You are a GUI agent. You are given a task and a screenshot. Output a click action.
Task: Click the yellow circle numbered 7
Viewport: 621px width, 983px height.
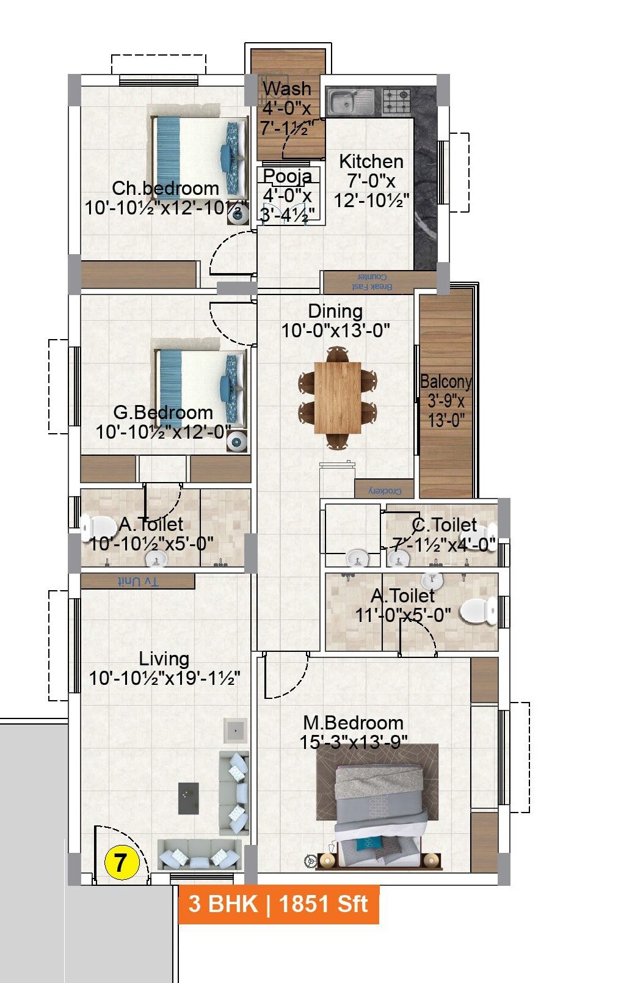(x=122, y=863)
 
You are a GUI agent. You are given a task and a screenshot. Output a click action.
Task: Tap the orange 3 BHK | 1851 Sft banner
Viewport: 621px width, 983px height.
(x=278, y=904)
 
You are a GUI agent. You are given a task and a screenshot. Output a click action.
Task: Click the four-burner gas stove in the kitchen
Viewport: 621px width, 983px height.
(x=397, y=101)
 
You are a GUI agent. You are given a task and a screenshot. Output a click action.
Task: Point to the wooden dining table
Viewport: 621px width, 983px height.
(x=338, y=397)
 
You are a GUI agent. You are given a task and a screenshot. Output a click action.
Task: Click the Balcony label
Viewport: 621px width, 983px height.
(x=446, y=382)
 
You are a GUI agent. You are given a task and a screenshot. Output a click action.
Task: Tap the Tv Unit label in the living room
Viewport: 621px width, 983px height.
(x=138, y=582)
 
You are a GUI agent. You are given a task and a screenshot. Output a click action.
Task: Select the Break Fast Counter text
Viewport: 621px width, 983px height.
(x=372, y=282)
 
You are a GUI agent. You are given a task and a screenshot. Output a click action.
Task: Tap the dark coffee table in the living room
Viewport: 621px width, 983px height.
(x=189, y=798)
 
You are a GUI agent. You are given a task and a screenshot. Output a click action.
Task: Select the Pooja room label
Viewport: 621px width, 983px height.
(x=288, y=176)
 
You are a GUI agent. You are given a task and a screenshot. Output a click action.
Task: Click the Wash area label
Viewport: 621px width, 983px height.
(x=287, y=89)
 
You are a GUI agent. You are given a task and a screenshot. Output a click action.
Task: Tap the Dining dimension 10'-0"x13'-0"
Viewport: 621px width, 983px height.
(x=335, y=331)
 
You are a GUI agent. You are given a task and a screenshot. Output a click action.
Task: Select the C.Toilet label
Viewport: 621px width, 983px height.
(x=445, y=525)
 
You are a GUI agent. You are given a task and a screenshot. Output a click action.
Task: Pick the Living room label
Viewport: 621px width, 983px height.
(x=164, y=659)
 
